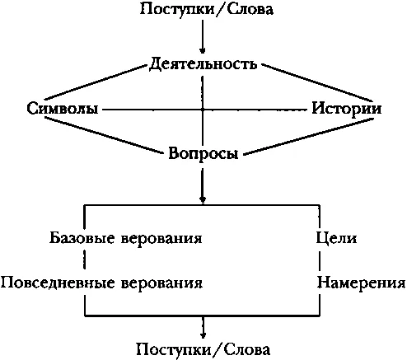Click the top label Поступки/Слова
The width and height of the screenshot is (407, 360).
207,10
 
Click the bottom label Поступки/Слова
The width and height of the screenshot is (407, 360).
203,350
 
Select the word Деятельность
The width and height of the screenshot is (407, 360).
203,64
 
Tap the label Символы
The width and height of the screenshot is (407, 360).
63,109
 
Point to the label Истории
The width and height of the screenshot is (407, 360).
347,109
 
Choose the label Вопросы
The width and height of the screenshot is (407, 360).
203,153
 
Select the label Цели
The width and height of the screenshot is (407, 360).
336,238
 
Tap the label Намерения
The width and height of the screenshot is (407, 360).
361,283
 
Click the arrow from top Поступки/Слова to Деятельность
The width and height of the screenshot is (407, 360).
203,36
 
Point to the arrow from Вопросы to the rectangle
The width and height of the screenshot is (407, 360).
203,185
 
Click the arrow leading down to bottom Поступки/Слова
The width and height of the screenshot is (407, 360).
203,328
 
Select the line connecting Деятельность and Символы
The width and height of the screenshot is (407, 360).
95,82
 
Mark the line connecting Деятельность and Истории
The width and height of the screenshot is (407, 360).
317,82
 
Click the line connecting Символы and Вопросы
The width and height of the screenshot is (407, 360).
104,135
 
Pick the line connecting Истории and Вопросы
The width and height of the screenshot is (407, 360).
308,137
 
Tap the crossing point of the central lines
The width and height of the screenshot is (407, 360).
203,110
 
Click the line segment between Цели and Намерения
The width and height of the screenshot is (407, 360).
320,259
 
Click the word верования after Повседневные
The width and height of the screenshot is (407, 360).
161,283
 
